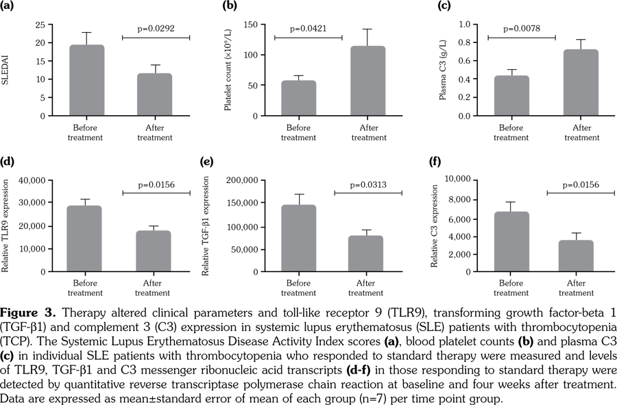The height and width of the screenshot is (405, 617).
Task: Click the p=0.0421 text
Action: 308,29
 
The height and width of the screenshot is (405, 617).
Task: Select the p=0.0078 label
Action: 522,29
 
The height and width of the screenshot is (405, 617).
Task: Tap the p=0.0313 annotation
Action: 369,184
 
